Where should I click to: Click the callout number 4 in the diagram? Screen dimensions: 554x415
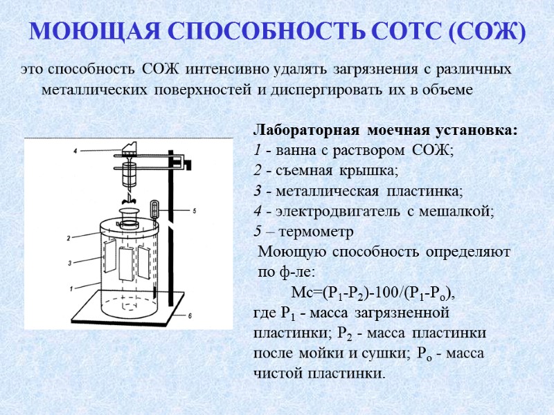74,149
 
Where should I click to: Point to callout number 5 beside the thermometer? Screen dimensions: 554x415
195,210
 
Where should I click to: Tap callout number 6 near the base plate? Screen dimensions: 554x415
190,315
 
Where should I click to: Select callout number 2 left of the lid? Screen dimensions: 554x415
69,238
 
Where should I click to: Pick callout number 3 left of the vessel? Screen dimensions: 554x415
69,262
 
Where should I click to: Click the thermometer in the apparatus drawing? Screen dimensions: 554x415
154,211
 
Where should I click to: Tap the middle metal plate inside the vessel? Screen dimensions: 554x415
125,264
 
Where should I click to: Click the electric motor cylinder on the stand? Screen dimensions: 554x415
127,172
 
